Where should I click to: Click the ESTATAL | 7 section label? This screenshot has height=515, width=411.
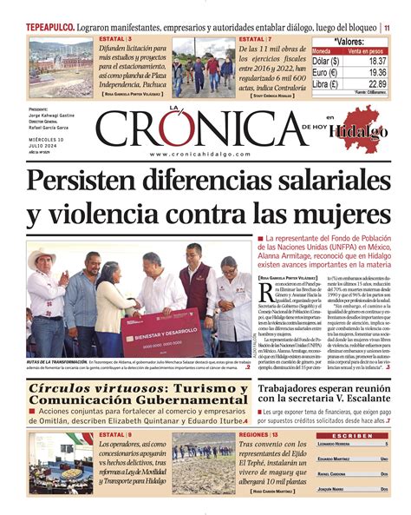[256, 40]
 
